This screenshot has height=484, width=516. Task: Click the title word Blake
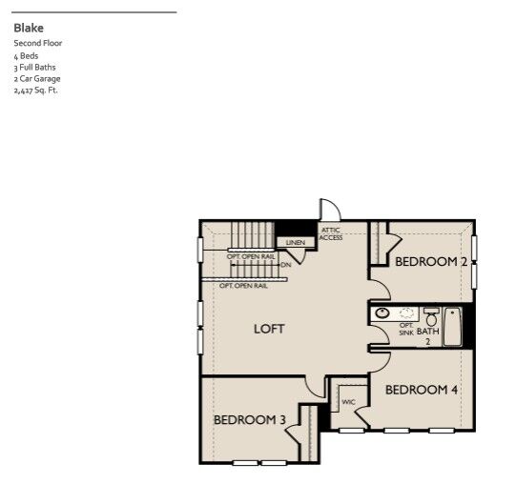[x=29, y=29]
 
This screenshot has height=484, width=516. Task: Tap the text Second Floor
[x=38, y=44]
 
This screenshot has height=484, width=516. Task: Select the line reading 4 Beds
[x=27, y=55]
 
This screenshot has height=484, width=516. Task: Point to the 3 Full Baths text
[x=35, y=68]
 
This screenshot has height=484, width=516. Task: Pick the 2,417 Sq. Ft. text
[x=35, y=91]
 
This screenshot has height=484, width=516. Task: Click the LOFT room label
[x=269, y=329]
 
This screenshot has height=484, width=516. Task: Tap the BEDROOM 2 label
[x=430, y=262]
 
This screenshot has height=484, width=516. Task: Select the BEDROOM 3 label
[x=249, y=420]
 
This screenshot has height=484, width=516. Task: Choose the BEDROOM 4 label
[x=422, y=390]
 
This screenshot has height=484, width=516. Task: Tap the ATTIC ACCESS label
[x=331, y=233]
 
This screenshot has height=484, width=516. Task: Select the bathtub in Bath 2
[x=452, y=326]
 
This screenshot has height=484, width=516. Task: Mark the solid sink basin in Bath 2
[x=382, y=313]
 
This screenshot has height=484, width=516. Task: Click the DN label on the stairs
[x=285, y=265]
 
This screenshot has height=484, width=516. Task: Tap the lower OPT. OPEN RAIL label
[x=243, y=286]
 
